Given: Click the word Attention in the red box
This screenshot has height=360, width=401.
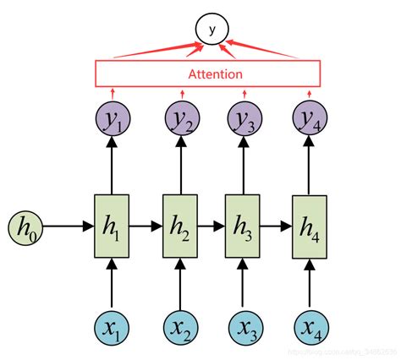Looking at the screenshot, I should [207, 74].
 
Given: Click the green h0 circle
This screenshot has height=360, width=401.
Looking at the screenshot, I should [25, 226].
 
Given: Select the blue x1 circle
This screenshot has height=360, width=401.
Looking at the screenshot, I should [113, 328].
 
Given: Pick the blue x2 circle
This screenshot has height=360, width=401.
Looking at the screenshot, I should [183, 328].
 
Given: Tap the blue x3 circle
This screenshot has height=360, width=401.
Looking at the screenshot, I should [245, 328].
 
